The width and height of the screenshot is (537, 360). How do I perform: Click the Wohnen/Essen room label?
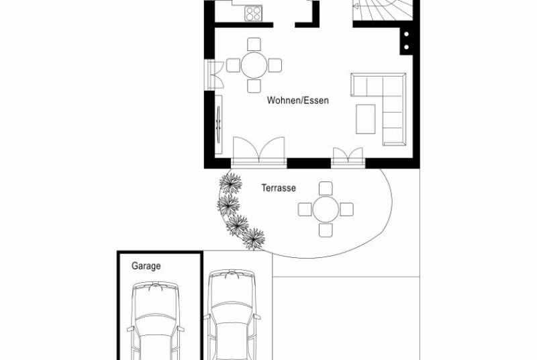(x=297, y=100)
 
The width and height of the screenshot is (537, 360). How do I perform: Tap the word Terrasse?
(x=279, y=188)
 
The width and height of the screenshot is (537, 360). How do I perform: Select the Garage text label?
(x=146, y=266)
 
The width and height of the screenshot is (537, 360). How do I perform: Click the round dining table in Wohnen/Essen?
(x=254, y=65)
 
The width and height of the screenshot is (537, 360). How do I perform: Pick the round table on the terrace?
(x=326, y=210)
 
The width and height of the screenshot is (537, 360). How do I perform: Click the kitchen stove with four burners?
(x=253, y=13)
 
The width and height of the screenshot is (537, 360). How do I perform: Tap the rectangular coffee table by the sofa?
(x=365, y=119)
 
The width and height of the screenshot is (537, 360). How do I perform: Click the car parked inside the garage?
(x=156, y=320)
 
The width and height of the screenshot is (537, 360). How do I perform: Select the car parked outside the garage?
(x=232, y=314)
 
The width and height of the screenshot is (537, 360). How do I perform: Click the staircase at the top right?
(x=383, y=9)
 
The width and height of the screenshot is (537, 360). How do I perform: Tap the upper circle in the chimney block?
(x=407, y=34)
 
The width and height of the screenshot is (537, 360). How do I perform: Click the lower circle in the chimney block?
(x=407, y=47)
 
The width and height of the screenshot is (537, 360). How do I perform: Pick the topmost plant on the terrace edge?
(x=230, y=183)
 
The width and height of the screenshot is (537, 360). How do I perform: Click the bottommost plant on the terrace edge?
(x=254, y=238)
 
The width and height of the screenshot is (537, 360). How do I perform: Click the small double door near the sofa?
(x=348, y=157)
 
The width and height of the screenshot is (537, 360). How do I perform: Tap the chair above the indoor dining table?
(x=254, y=44)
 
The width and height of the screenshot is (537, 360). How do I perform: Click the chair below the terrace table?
(x=326, y=230)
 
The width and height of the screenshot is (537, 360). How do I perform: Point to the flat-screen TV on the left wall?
(x=218, y=124)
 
